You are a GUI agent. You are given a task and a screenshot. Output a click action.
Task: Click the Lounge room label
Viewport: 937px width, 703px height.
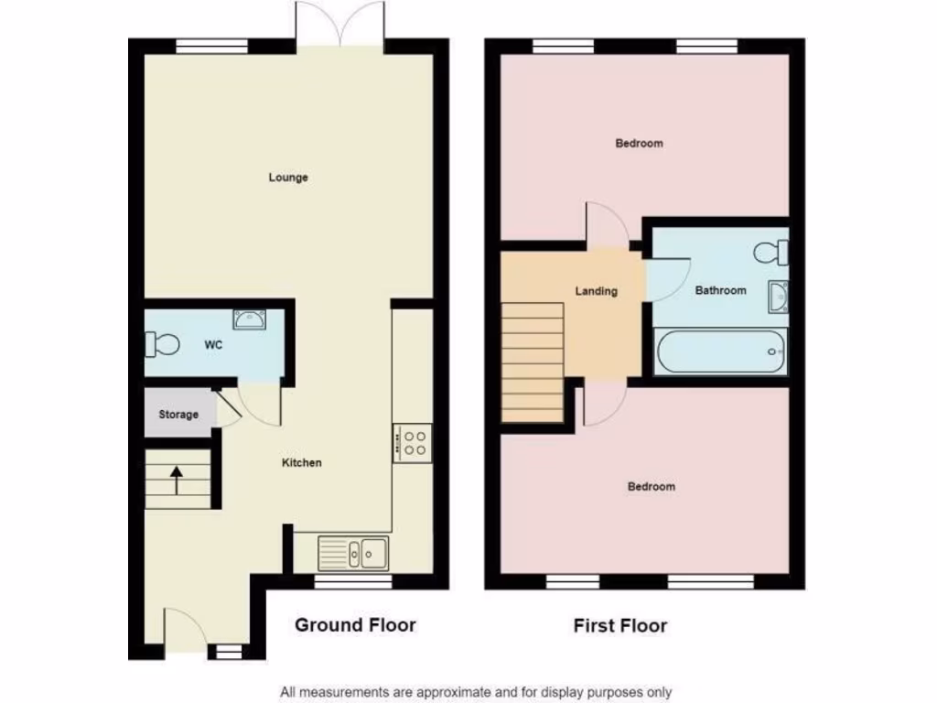tap(288, 178)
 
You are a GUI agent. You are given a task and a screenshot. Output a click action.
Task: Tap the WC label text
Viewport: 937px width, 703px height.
tap(213, 345)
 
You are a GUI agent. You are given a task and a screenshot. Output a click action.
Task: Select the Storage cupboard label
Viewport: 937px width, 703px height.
tap(178, 415)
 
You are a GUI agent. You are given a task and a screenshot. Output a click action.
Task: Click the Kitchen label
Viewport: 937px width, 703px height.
tap(301, 463)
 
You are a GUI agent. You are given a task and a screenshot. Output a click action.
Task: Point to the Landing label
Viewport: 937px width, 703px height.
tap(596, 291)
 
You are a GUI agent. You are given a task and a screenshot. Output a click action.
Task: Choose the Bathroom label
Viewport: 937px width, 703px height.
tap(720, 291)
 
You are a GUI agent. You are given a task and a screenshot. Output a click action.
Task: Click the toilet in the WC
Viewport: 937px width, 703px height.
tap(162, 345)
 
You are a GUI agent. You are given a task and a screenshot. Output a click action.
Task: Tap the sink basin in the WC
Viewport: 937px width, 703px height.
tap(249, 319)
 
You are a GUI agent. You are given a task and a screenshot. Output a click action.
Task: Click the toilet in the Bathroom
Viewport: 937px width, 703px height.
tap(771, 250)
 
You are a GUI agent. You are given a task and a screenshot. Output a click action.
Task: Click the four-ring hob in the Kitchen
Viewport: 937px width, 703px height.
tap(413, 443)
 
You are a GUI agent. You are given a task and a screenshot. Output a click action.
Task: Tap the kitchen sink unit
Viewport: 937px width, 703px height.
tap(353, 553)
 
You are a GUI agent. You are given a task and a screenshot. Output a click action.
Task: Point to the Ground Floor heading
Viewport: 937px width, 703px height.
tap(355, 625)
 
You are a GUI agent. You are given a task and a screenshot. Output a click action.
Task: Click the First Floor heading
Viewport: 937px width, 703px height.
tap(620, 626)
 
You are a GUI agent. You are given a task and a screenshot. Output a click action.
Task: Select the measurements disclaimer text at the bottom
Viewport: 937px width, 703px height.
tap(476, 692)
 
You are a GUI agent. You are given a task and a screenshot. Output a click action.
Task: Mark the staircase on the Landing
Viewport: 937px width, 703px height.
tap(533, 362)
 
